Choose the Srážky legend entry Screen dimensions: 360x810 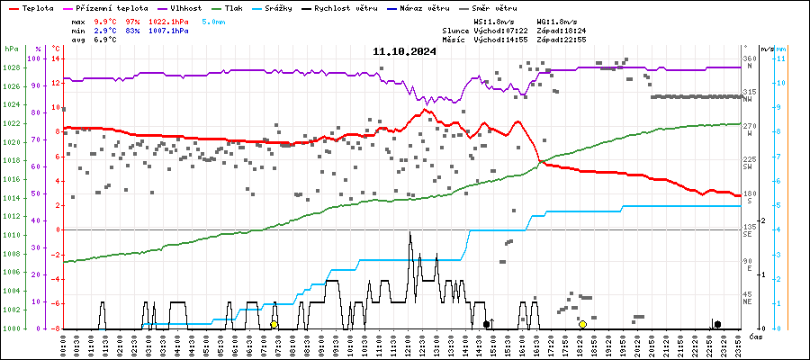(x=293, y=7)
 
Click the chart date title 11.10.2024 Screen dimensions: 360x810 (x=404, y=51)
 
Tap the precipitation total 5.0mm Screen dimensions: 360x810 (x=213, y=20)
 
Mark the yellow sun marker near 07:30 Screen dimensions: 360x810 (x=274, y=324)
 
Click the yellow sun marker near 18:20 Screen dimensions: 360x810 (x=582, y=324)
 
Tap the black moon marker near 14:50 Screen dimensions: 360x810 (x=486, y=324)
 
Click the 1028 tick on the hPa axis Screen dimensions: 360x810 (x=11, y=67)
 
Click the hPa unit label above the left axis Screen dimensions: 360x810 (x=11, y=49)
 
